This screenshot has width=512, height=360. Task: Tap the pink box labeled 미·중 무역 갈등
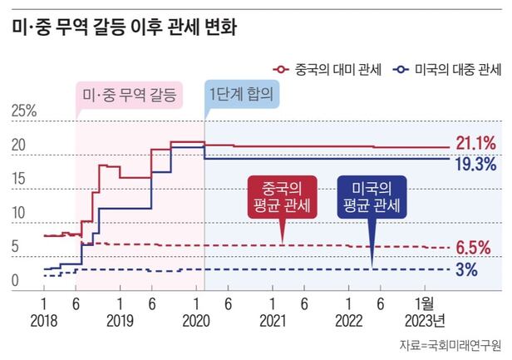pos(128,95)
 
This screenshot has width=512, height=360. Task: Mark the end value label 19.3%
pos(475,164)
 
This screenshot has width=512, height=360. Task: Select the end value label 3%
pos(466,269)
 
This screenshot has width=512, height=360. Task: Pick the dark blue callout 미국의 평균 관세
pos(371,197)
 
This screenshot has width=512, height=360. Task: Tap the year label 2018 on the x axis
pos(43,321)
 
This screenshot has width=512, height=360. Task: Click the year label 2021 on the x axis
pos(271,321)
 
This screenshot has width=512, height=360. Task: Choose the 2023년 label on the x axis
pos(429,321)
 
